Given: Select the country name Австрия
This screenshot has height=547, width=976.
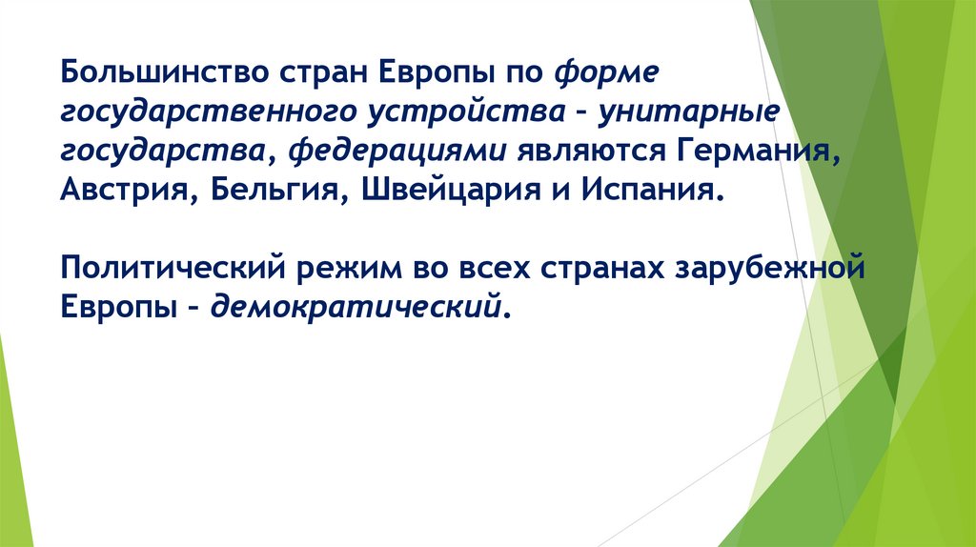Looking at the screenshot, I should pyautogui.click(x=123, y=188).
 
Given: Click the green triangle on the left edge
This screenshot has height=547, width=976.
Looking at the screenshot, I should pyautogui.click(x=14, y=448).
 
